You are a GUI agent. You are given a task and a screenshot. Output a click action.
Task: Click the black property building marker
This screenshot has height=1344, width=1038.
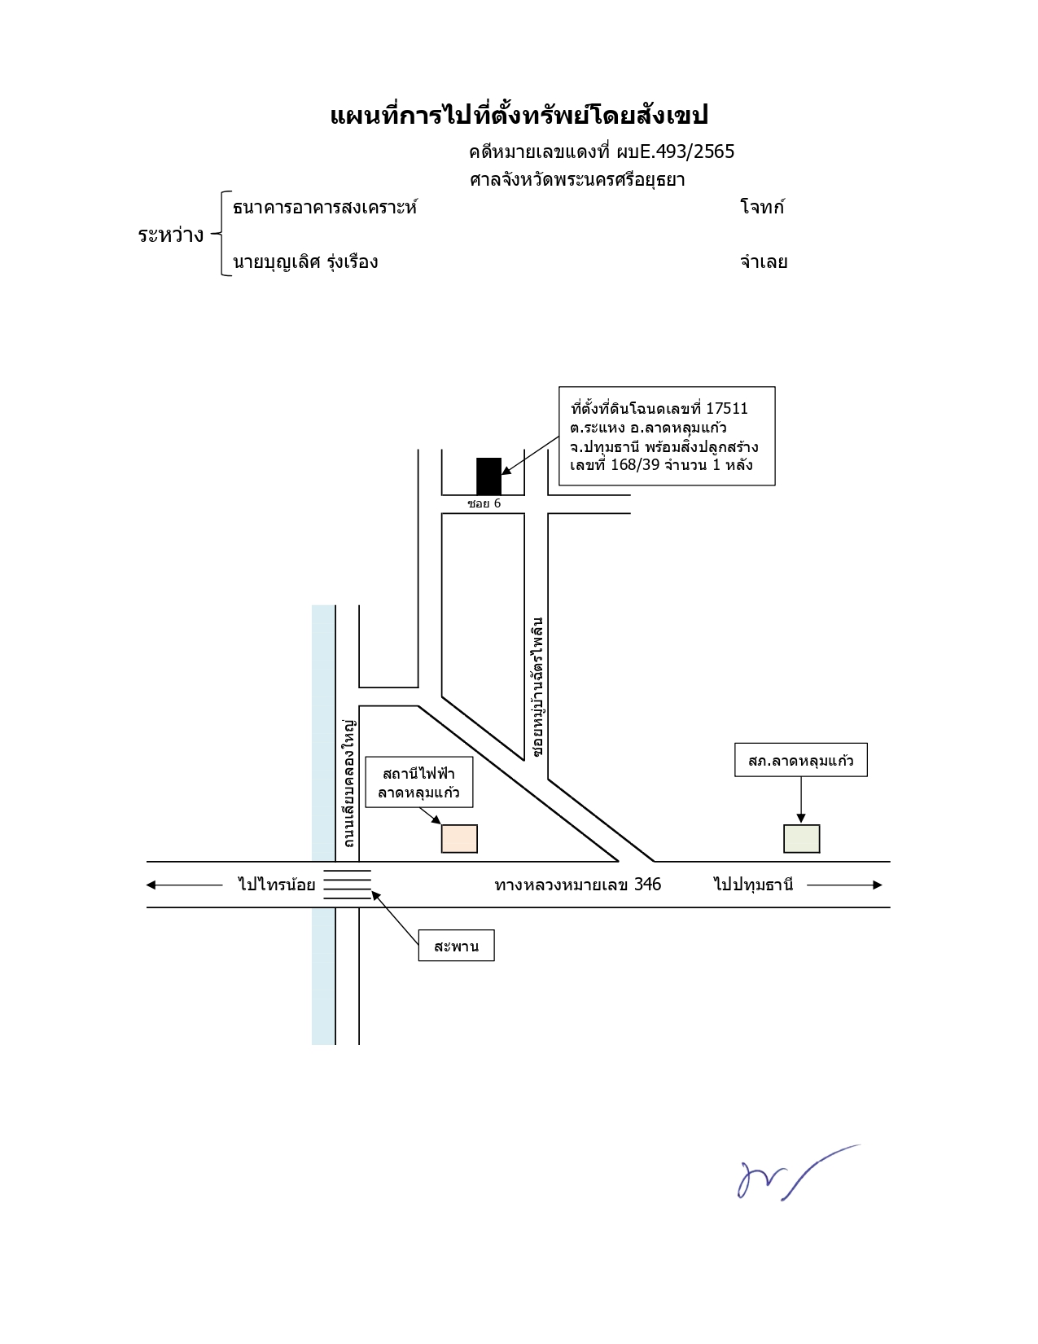point(488,477)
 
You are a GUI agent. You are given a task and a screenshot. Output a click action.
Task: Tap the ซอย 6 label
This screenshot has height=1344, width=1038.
point(484,503)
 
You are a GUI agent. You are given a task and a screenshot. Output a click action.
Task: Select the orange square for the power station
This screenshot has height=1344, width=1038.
point(459,839)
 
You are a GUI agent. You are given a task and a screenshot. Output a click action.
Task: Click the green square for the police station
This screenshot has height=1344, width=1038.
point(801,839)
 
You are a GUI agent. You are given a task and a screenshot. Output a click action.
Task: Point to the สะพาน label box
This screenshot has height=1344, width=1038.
point(456,946)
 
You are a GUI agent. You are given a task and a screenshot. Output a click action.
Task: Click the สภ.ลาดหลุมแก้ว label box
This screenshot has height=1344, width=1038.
point(800,760)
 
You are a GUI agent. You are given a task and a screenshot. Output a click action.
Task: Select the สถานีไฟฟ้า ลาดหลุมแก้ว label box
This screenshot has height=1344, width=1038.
point(419,782)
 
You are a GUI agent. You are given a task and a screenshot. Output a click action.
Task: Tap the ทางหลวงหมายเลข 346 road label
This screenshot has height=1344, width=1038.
point(577,885)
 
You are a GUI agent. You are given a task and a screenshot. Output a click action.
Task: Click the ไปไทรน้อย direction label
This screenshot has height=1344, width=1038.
point(276,885)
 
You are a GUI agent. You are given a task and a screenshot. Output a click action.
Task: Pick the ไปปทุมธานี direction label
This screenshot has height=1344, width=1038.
point(754,885)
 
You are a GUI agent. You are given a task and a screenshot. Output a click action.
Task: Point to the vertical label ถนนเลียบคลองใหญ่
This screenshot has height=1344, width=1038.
point(349,783)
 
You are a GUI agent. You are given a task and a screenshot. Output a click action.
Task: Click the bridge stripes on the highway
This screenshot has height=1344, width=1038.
point(348,885)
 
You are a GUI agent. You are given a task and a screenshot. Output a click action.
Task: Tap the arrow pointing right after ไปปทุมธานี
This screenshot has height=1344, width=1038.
point(844,885)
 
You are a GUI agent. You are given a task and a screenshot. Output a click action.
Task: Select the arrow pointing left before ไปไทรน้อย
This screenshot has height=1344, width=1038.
point(184,885)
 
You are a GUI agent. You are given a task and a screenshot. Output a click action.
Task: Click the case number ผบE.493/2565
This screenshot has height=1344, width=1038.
point(675,152)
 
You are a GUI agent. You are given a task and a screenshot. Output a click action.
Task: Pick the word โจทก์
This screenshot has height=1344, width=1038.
point(762,207)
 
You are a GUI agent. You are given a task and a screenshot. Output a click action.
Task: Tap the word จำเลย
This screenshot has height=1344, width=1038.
point(764,261)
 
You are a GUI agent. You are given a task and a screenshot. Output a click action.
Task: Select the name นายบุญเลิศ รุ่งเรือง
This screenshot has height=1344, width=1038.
point(305,262)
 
